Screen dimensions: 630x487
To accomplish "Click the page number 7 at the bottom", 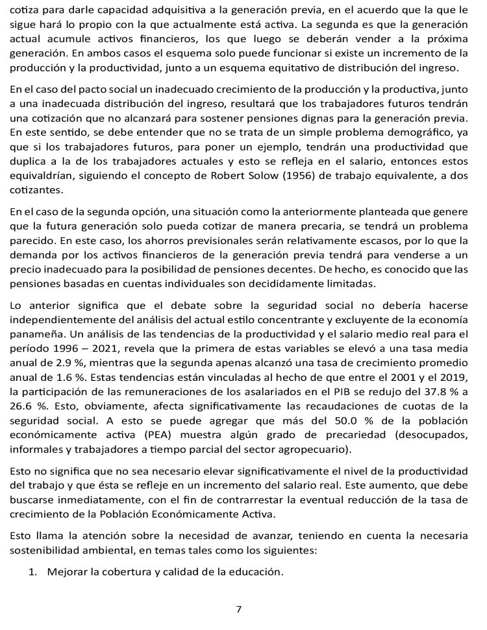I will click(x=239, y=609).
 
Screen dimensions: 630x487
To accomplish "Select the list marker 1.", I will click(x=32, y=572).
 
